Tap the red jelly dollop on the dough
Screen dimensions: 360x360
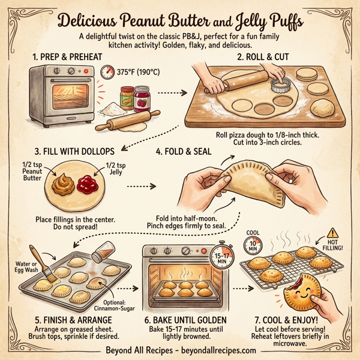click(x=88, y=182)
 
